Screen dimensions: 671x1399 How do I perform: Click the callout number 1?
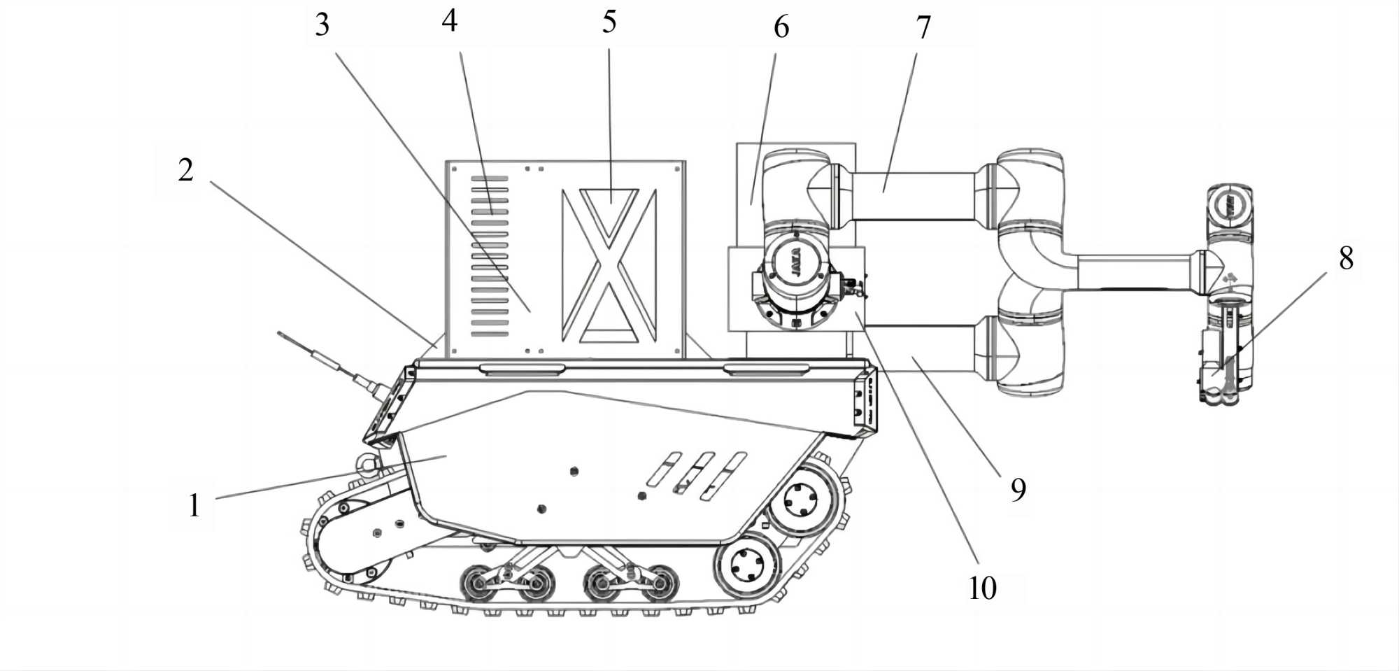tap(194, 505)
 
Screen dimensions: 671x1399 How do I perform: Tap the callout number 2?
tap(185, 170)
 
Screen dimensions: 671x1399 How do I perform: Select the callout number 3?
tap(322, 25)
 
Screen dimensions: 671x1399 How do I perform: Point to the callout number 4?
tap(449, 21)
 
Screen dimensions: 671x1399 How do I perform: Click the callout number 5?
tap(609, 22)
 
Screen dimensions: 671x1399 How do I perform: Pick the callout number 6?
tap(781, 27)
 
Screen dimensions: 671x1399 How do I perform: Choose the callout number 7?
tap(923, 28)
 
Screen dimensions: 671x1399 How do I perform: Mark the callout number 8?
tap(1346, 258)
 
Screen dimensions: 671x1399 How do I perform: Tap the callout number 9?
tap(1018, 489)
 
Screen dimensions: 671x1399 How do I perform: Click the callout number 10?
tap(982, 588)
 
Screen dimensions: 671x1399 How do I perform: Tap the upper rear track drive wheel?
tap(801, 500)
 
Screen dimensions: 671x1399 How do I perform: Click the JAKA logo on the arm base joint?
tap(797, 264)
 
